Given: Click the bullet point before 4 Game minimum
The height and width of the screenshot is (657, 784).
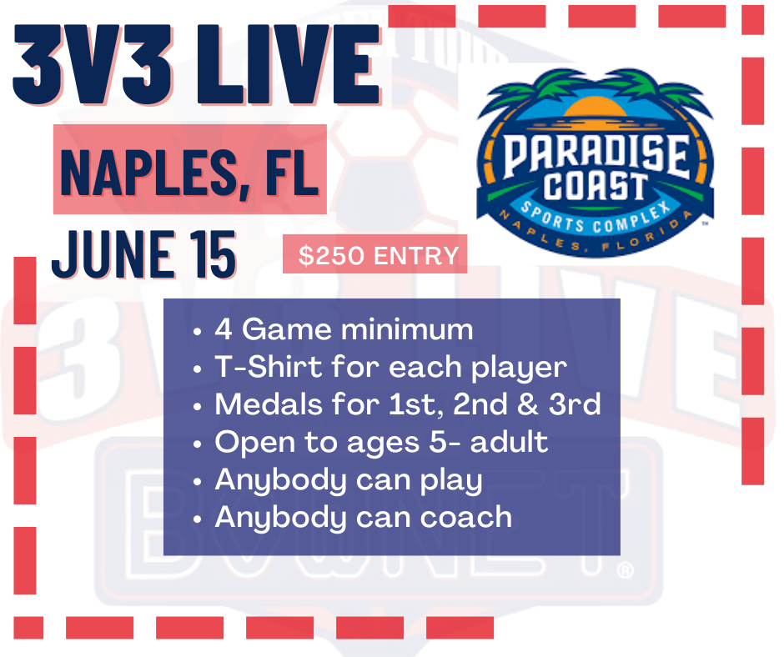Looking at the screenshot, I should [x=197, y=331].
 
